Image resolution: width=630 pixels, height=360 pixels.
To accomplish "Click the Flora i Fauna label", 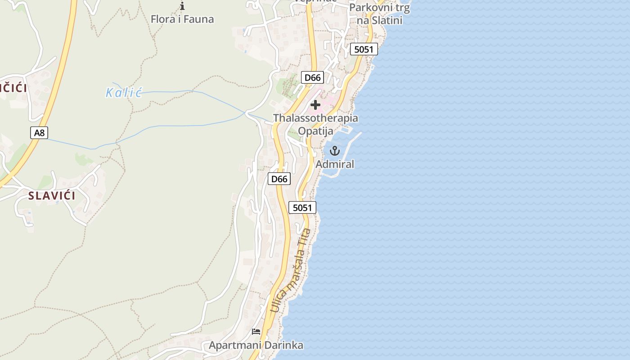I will pyautogui.click(x=182, y=19).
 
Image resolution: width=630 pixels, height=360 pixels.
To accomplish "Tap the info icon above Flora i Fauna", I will pyautogui.click(x=182, y=6).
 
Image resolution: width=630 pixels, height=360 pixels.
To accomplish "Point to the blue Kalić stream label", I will pyautogui.click(x=124, y=93).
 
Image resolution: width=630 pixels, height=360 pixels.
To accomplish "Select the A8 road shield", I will pyautogui.click(x=40, y=133).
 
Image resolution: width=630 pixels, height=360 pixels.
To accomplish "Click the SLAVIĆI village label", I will pyautogui.click(x=52, y=196).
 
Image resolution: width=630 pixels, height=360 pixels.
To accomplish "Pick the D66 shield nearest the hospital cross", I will pyautogui.click(x=312, y=77).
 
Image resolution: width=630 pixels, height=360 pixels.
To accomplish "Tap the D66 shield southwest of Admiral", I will pyautogui.click(x=279, y=179).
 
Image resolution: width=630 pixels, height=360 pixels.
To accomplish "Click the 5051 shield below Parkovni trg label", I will pyautogui.click(x=364, y=49).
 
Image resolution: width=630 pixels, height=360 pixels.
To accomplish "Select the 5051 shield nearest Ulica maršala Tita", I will pyautogui.click(x=302, y=207).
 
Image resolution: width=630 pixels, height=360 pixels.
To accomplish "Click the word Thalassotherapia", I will pyautogui.click(x=315, y=118).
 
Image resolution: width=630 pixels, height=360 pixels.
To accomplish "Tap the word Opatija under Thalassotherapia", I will pyautogui.click(x=315, y=131).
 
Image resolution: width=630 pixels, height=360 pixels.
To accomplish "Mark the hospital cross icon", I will pyautogui.click(x=315, y=105).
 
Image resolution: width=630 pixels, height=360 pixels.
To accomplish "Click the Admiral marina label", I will pyautogui.click(x=335, y=164).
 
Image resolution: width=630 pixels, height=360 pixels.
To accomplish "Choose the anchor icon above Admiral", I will pyautogui.click(x=334, y=151).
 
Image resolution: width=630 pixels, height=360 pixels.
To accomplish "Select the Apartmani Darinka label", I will pyautogui.click(x=256, y=346).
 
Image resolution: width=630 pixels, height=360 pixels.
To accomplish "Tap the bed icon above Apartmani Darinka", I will pyautogui.click(x=256, y=332).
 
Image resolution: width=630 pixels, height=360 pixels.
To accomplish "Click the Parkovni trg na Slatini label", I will pyautogui.click(x=379, y=14).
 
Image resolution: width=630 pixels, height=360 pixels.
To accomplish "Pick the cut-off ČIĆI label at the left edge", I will pyautogui.click(x=13, y=88).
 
